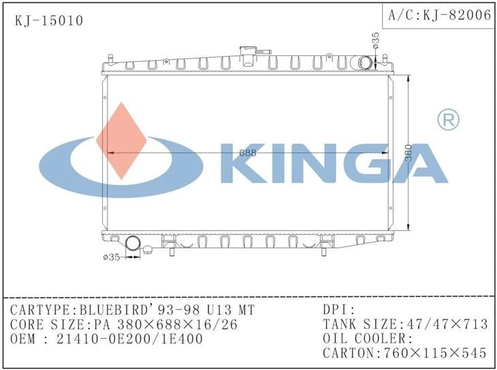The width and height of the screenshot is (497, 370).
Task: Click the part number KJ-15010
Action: point(49,21)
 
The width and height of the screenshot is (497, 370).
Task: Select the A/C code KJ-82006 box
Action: point(438,15)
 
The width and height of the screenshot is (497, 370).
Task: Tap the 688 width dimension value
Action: point(248,153)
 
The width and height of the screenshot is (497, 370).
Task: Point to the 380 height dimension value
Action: point(408,153)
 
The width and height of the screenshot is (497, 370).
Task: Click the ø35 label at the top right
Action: point(376,40)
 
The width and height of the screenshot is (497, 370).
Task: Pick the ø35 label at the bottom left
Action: point(112,257)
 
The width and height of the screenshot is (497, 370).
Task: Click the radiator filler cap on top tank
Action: point(248,55)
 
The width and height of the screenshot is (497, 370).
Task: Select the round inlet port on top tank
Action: point(365,63)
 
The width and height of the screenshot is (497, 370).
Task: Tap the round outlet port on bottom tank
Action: point(133,244)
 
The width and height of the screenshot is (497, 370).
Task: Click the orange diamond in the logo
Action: point(121,140)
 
